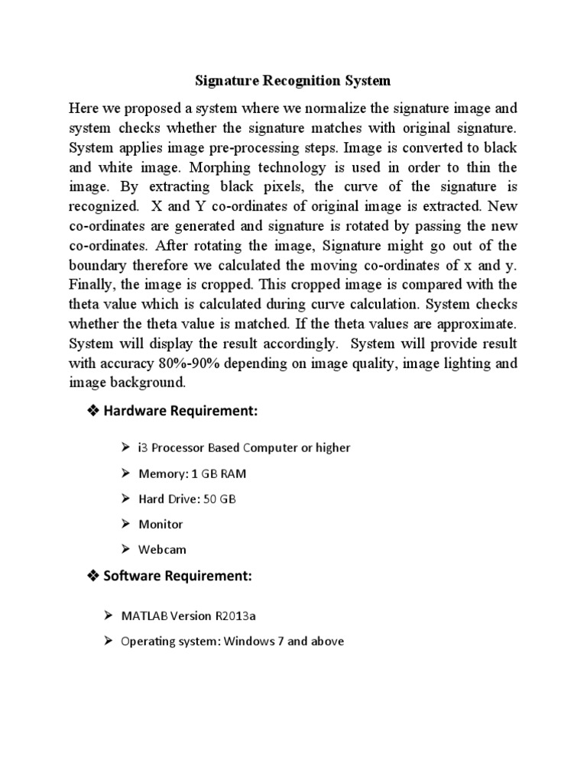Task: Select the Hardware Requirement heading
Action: coord(182,412)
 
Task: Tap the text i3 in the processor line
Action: coord(143,448)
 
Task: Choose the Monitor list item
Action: coord(161,524)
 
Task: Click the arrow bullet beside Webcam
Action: coord(126,549)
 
